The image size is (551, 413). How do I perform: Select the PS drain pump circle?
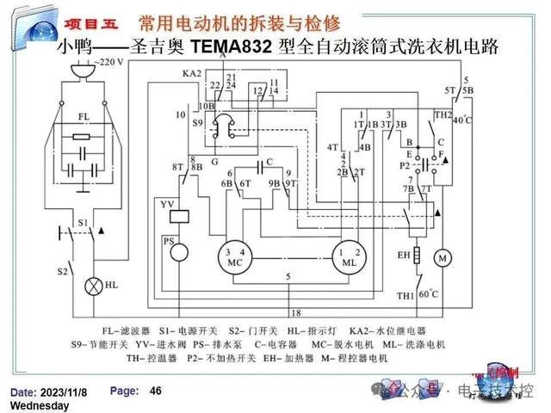tap(178, 253)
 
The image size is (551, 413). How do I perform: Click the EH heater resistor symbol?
tap(417, 256)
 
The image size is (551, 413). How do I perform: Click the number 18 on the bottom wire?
tap(295, 312)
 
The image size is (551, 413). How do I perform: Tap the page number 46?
tap(156, 391)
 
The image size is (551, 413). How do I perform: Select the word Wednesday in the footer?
tap(40, 404)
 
